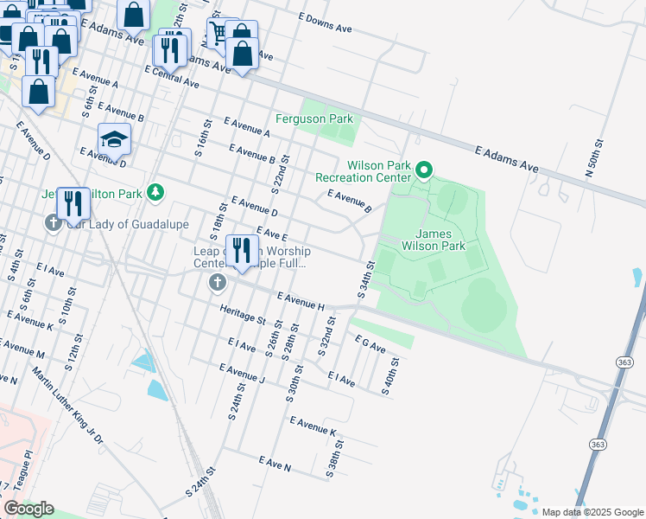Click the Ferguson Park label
(314, 119)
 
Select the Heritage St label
(243, 313)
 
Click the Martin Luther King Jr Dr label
(67, 407)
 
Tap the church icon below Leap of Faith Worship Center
(217, 282)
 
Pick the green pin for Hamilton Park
(155, 191)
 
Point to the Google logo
(28, 509)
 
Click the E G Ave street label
(370, 344)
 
